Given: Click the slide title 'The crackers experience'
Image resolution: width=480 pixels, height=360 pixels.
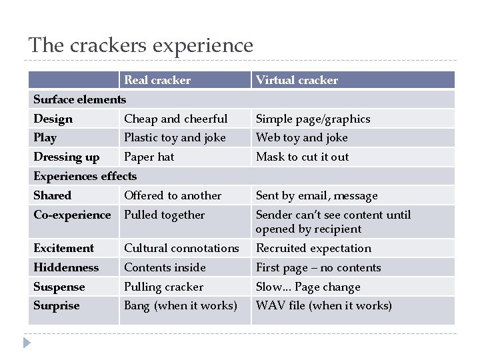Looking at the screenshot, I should (x=141, y=45).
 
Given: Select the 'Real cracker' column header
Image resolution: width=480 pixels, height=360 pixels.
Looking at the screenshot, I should (x=157, y=80).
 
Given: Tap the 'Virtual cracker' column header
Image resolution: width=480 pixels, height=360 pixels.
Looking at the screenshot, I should (x=297, y=80).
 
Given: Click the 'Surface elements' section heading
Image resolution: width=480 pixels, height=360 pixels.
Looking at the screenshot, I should (x=79, y=99).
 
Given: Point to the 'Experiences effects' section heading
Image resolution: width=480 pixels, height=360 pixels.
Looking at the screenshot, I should (x=85, y=176).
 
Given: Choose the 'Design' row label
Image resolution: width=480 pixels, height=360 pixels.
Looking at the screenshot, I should (x=53, y=119).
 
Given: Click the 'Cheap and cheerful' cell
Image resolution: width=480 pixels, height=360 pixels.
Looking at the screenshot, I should (x=175, y=119).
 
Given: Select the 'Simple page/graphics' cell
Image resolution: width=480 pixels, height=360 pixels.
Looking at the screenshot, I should (x=313, y=119).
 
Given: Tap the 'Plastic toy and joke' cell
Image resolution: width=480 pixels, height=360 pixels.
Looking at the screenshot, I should (x=175, y=137).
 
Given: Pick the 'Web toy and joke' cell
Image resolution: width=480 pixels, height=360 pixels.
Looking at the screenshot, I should (x=301, y=137).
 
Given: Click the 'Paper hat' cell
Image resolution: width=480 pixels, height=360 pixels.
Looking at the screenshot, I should (x=149, y=157).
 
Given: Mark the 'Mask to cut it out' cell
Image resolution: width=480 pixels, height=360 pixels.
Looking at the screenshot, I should (x=302, y=157).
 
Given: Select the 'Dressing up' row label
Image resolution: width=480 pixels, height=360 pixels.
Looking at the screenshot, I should (x=66, y=157).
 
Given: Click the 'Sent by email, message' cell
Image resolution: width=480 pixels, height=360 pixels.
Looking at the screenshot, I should (x=317, y=195).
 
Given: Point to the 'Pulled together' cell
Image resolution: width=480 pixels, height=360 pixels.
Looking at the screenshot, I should (x=164, y=215).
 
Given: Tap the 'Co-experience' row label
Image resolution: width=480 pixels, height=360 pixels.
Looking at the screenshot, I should (x=72, y=215).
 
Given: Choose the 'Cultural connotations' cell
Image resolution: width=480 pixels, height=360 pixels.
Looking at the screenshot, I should (x=181, y=248).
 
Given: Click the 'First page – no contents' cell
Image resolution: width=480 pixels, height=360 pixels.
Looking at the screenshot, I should (x=318, y=267).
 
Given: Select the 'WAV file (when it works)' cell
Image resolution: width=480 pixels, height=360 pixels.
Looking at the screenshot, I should (x=323, y=305).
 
